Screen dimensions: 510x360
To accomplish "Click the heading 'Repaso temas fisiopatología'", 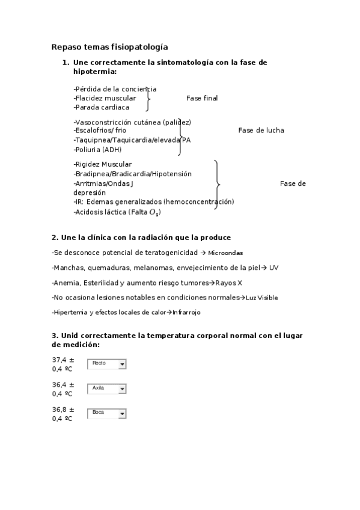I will point(109,46).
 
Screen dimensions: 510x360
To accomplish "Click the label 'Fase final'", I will point(202,98).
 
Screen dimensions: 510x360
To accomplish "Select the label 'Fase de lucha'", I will point(261,130).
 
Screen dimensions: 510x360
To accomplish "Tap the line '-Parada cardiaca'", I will point(102,107).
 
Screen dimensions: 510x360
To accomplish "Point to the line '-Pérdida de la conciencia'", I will point(115,89).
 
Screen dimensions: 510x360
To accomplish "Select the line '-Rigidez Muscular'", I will point(103,164).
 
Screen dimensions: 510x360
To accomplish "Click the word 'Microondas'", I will point(225,253).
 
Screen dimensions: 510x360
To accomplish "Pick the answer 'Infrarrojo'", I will point(186,312).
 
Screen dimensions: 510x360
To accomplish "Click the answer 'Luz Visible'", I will point(261,298).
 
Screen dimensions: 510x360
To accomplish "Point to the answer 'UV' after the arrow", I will point(273,268).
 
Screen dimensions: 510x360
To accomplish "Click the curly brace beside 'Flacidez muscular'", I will point(148,98).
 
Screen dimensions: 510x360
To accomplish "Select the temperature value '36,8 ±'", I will point(63,410).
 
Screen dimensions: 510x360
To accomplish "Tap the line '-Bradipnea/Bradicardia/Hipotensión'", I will point(133,174).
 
